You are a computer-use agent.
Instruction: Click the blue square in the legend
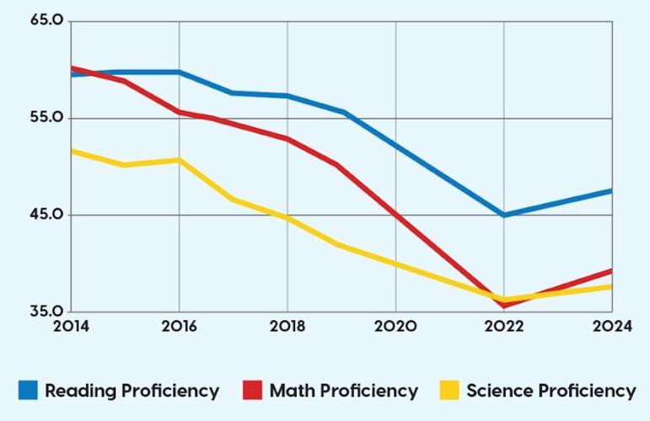tap(28, 391)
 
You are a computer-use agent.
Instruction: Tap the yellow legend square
tap(449, 391)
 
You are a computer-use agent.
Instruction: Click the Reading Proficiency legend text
tap(132, 391)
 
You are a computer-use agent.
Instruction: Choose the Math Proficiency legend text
tap(343, 391)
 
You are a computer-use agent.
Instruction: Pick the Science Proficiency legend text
tap(551, 391)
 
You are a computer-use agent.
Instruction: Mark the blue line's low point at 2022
tap(504, 215)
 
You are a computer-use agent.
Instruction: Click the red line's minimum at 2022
tap(504, 305)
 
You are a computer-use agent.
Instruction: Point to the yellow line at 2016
tap(179, 160)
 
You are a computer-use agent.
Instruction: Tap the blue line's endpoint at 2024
tap(610, 191)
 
